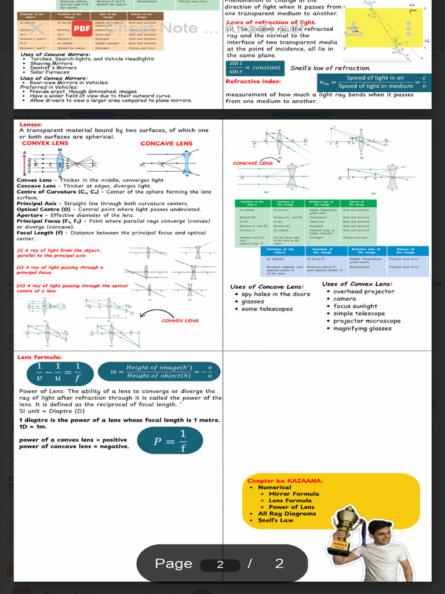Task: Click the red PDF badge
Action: [x=82, y=28]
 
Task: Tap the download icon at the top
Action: [x=352, y=28]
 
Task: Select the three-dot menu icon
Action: [x=408, y=28]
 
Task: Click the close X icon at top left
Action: [x=37, y=28]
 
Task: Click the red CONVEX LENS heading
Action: [x=45, y=143]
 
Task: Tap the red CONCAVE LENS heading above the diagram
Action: [x=166, y=143]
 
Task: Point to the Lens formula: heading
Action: [x=40, y=357]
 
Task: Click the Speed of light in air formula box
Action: [x=374, y=82]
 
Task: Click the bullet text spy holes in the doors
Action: [x=276, y=294]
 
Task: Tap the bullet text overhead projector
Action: [x=364, y=291]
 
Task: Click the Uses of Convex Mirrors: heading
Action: [x=53, y=78]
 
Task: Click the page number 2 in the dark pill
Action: [x=220, y=564]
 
